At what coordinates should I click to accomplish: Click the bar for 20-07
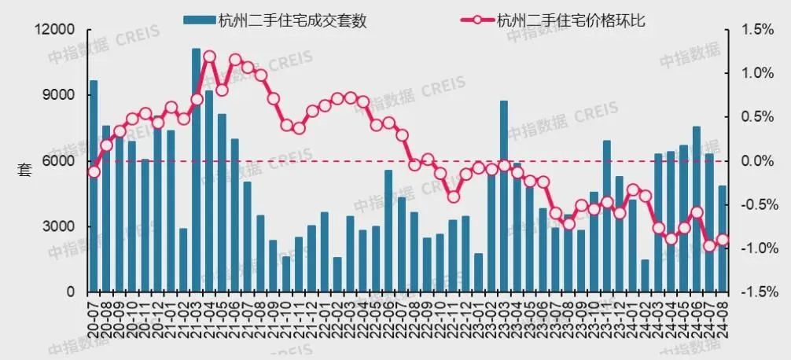(x=94, y=186)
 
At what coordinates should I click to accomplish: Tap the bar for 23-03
(x=504, y=196)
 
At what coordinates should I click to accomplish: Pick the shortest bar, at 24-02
(x=646, y=275)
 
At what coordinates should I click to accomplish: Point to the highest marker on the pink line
(x=209, y=57)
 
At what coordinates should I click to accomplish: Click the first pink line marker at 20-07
(x=94, y=171)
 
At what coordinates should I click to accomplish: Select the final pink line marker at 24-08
(x=723, y=241)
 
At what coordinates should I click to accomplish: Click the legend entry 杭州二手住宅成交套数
(x=274, y=20)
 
